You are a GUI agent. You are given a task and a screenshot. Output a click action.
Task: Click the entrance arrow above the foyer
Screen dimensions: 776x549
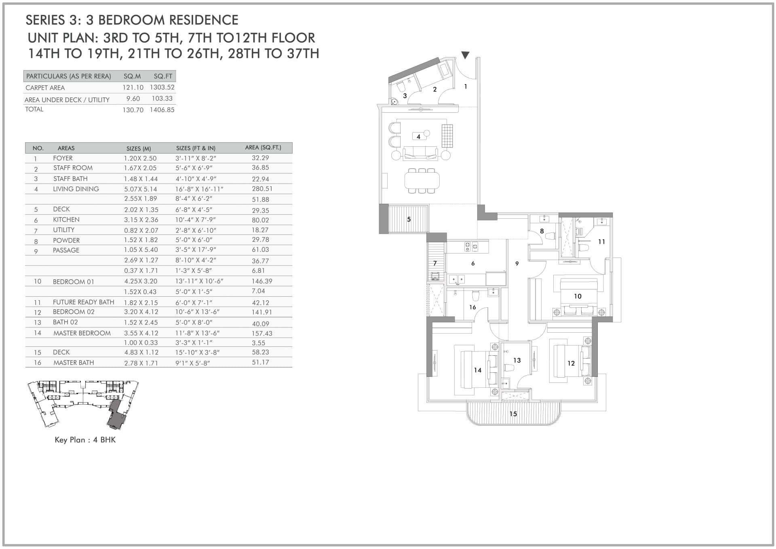pos(465,55)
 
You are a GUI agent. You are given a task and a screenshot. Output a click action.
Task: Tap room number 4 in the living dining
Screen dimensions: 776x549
pos(418,137)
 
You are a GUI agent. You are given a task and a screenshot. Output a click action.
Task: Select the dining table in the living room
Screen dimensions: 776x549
pos(422,180)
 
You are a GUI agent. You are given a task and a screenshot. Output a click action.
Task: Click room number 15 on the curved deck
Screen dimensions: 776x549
pos(513,414)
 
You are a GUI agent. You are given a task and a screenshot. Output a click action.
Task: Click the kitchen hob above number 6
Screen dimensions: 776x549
pos(471,247)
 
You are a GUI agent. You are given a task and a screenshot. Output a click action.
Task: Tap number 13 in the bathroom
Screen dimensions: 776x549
pos(517,360)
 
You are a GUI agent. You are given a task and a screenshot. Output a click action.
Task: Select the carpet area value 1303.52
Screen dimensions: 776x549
pos(162,87)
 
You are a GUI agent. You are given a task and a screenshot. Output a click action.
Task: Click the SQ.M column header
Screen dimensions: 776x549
pos(132,76)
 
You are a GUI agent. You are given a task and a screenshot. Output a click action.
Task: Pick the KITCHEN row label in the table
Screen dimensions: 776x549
pos(66,220)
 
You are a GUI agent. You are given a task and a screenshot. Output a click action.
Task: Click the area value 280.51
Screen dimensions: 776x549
pos(262,189)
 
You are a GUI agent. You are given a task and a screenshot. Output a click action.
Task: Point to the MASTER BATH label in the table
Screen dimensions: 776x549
pos(74,363)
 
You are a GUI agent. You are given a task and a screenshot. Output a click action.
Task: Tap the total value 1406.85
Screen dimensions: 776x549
pos(162,110)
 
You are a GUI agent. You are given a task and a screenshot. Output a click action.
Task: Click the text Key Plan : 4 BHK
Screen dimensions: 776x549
pos(85,440)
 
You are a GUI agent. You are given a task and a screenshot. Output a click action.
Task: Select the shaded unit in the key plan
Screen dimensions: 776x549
pos(116,415)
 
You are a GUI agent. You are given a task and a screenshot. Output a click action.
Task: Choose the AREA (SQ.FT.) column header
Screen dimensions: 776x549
pos(263,148)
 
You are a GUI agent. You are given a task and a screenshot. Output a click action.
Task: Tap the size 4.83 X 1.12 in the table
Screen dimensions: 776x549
pos(141,353)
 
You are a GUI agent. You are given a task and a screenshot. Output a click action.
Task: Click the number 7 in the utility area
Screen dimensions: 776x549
pos(435,263)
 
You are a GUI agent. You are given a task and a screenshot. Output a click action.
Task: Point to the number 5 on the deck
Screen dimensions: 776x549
pos(409,220)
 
